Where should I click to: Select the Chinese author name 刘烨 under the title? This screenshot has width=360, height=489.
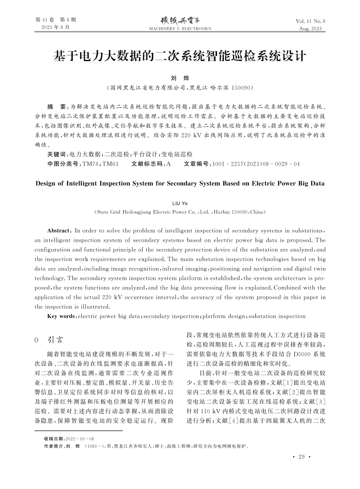(180, 78)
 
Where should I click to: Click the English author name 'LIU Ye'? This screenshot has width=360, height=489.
(180, 204)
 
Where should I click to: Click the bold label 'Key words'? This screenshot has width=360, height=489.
(61, 316)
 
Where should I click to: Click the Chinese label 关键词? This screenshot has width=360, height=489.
(56, 154)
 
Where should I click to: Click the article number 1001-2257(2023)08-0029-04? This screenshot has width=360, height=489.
(257, 164)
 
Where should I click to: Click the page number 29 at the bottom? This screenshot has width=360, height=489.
(301, 457)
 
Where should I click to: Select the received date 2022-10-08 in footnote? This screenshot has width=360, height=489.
(80, 438)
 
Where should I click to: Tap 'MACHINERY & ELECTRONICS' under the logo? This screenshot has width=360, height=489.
(180, 28)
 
